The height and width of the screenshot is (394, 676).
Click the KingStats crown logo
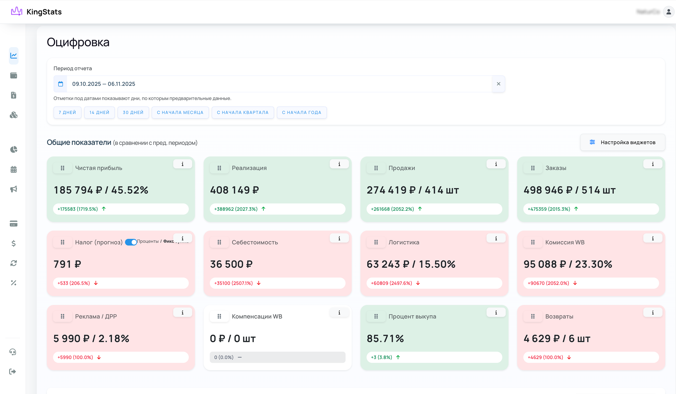coord(16,12)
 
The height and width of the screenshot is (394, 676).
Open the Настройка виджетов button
coord(622,142)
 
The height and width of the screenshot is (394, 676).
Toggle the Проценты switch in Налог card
coord(131,242)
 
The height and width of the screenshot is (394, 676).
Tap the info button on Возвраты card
coord(653,312)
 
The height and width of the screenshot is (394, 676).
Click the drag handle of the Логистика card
coord(376,242)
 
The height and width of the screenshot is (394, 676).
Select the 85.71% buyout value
coord(385,338)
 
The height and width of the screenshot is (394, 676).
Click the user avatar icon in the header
coord(668,12)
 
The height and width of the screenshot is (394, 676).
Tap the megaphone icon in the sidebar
coord(13,189)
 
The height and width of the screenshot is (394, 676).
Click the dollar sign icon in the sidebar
coord(13,243)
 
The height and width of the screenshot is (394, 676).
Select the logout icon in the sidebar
coord(13,371)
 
